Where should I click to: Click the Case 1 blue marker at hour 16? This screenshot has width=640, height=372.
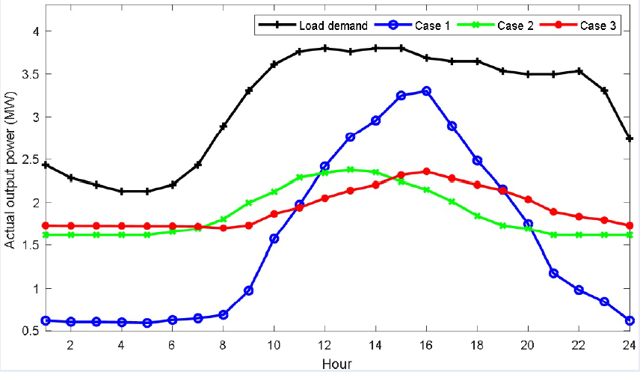pyautogui.click(x=426, y=91)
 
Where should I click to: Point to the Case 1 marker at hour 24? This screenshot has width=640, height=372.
pyautogui.click(x=630, y=320)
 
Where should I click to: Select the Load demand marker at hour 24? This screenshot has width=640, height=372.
pyautogui.click(x=630, y=138)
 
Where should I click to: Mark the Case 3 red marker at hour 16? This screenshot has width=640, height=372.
pyautogui.click(x=426, y=171)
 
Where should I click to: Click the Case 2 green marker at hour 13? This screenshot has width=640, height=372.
pyautogui.click(x=350, y=169)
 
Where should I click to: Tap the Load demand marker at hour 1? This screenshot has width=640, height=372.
pyautogui.click(x=46, y=165)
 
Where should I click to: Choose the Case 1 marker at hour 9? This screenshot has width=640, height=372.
pyautogui.click(x=249, y=290)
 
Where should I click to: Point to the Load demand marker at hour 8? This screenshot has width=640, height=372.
pyautogui.click(x=224, y=126)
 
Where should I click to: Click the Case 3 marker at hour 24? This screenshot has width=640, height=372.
pyautogui.click(x=630, y=225)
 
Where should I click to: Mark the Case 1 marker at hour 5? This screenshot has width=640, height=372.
pyautogui.click(x=147, y=323)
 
